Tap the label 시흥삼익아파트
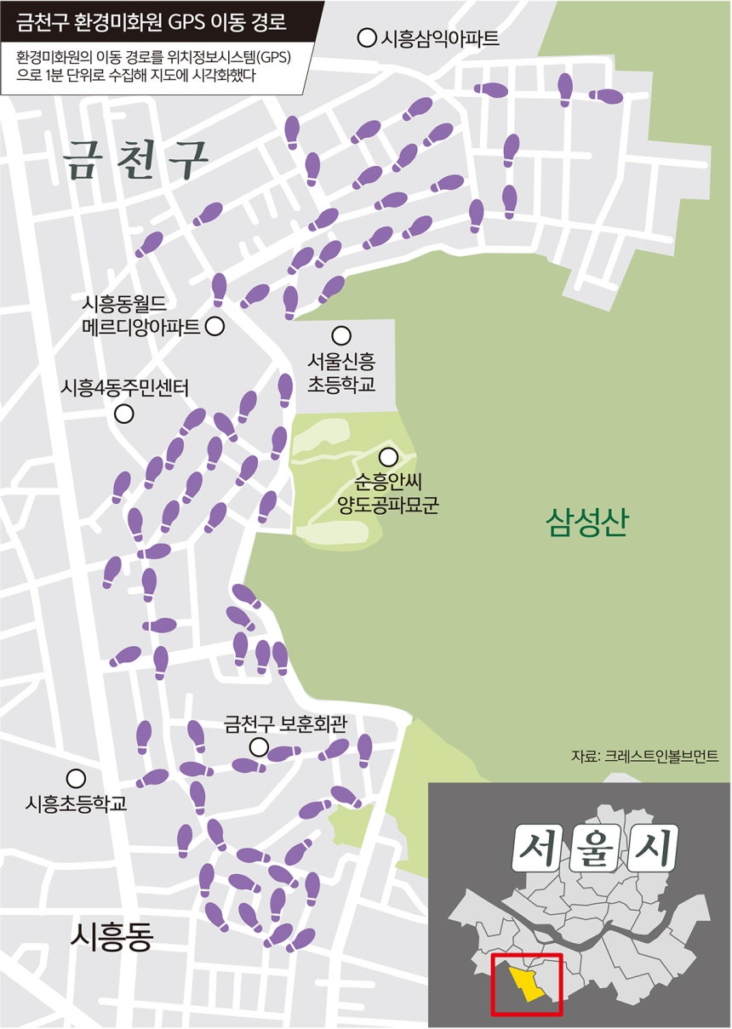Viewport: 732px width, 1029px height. [439, 37]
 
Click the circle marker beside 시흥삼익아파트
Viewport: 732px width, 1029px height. [367, 37]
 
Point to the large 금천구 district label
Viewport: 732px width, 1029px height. [137, 159]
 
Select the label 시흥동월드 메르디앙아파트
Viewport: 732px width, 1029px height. [140, 314]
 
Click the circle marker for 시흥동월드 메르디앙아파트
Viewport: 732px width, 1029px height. [214, 325]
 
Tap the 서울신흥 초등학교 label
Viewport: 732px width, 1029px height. [341, 373]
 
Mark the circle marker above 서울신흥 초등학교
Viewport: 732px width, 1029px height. [341, 335]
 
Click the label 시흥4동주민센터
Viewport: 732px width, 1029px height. [124, 387]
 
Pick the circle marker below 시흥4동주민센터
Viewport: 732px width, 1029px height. [124, 414]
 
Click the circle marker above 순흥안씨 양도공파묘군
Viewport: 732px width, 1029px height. [388, 457]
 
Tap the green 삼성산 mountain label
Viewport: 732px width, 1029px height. [586, 522]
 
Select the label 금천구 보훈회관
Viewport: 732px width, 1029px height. [285, 723]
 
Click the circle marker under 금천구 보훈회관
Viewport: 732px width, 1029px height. [259, 748]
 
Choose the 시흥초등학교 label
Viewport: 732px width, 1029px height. [77, 803]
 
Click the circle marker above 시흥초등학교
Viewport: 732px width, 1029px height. [76, 778]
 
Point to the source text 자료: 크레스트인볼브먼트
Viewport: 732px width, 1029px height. [644, 756]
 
